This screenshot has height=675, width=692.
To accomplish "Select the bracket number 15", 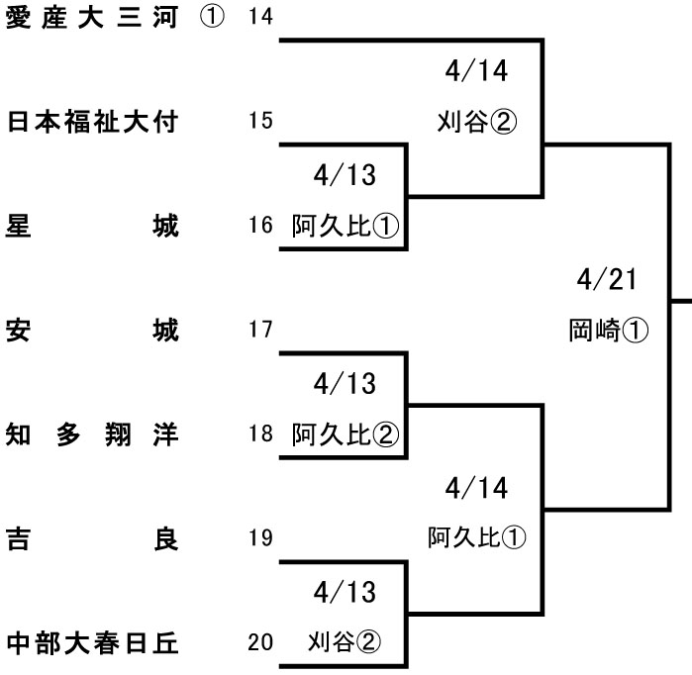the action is click(x=261, y=122).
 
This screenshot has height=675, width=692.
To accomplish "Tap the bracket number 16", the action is click(x=261, y=226).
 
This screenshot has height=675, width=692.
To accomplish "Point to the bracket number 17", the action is click(x=261, y=330).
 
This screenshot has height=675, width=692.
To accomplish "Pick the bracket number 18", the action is click(x=261, y=434).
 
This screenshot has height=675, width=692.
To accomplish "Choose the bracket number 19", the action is click(x=261, y=538).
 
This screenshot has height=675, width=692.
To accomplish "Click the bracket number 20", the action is click(x=261, y=642).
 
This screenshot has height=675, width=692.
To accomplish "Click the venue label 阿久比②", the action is click(x=345, y=434).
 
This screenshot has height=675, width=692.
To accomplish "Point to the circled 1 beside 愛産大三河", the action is click(x=212, y=18).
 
